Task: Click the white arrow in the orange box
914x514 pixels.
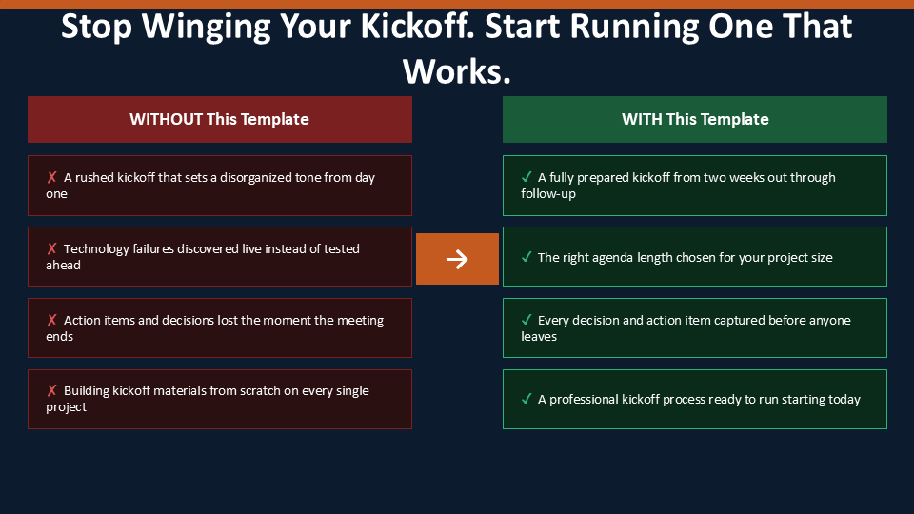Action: point(457,259)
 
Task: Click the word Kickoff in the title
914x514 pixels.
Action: point(417,27)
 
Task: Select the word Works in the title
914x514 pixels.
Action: point(456,71)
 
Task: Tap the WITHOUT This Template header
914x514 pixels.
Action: point(220,120)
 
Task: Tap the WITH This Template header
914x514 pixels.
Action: point(695,120)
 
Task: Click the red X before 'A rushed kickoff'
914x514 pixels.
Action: point(51,177)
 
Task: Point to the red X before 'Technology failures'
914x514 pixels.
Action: point(51,248)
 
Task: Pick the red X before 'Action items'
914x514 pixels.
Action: point(51,320)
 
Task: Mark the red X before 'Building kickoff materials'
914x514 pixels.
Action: point(51,390)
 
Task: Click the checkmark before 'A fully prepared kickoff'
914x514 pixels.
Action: point(527,177)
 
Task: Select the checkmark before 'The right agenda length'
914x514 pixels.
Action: point(527,257)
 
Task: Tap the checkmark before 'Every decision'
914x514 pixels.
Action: point(527,320)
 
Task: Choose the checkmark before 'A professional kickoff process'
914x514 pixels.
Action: point(527,399)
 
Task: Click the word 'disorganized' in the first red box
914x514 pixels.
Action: point(254,177)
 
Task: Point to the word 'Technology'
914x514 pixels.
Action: point(96,249)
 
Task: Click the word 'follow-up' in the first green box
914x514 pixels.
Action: point(548,194)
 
